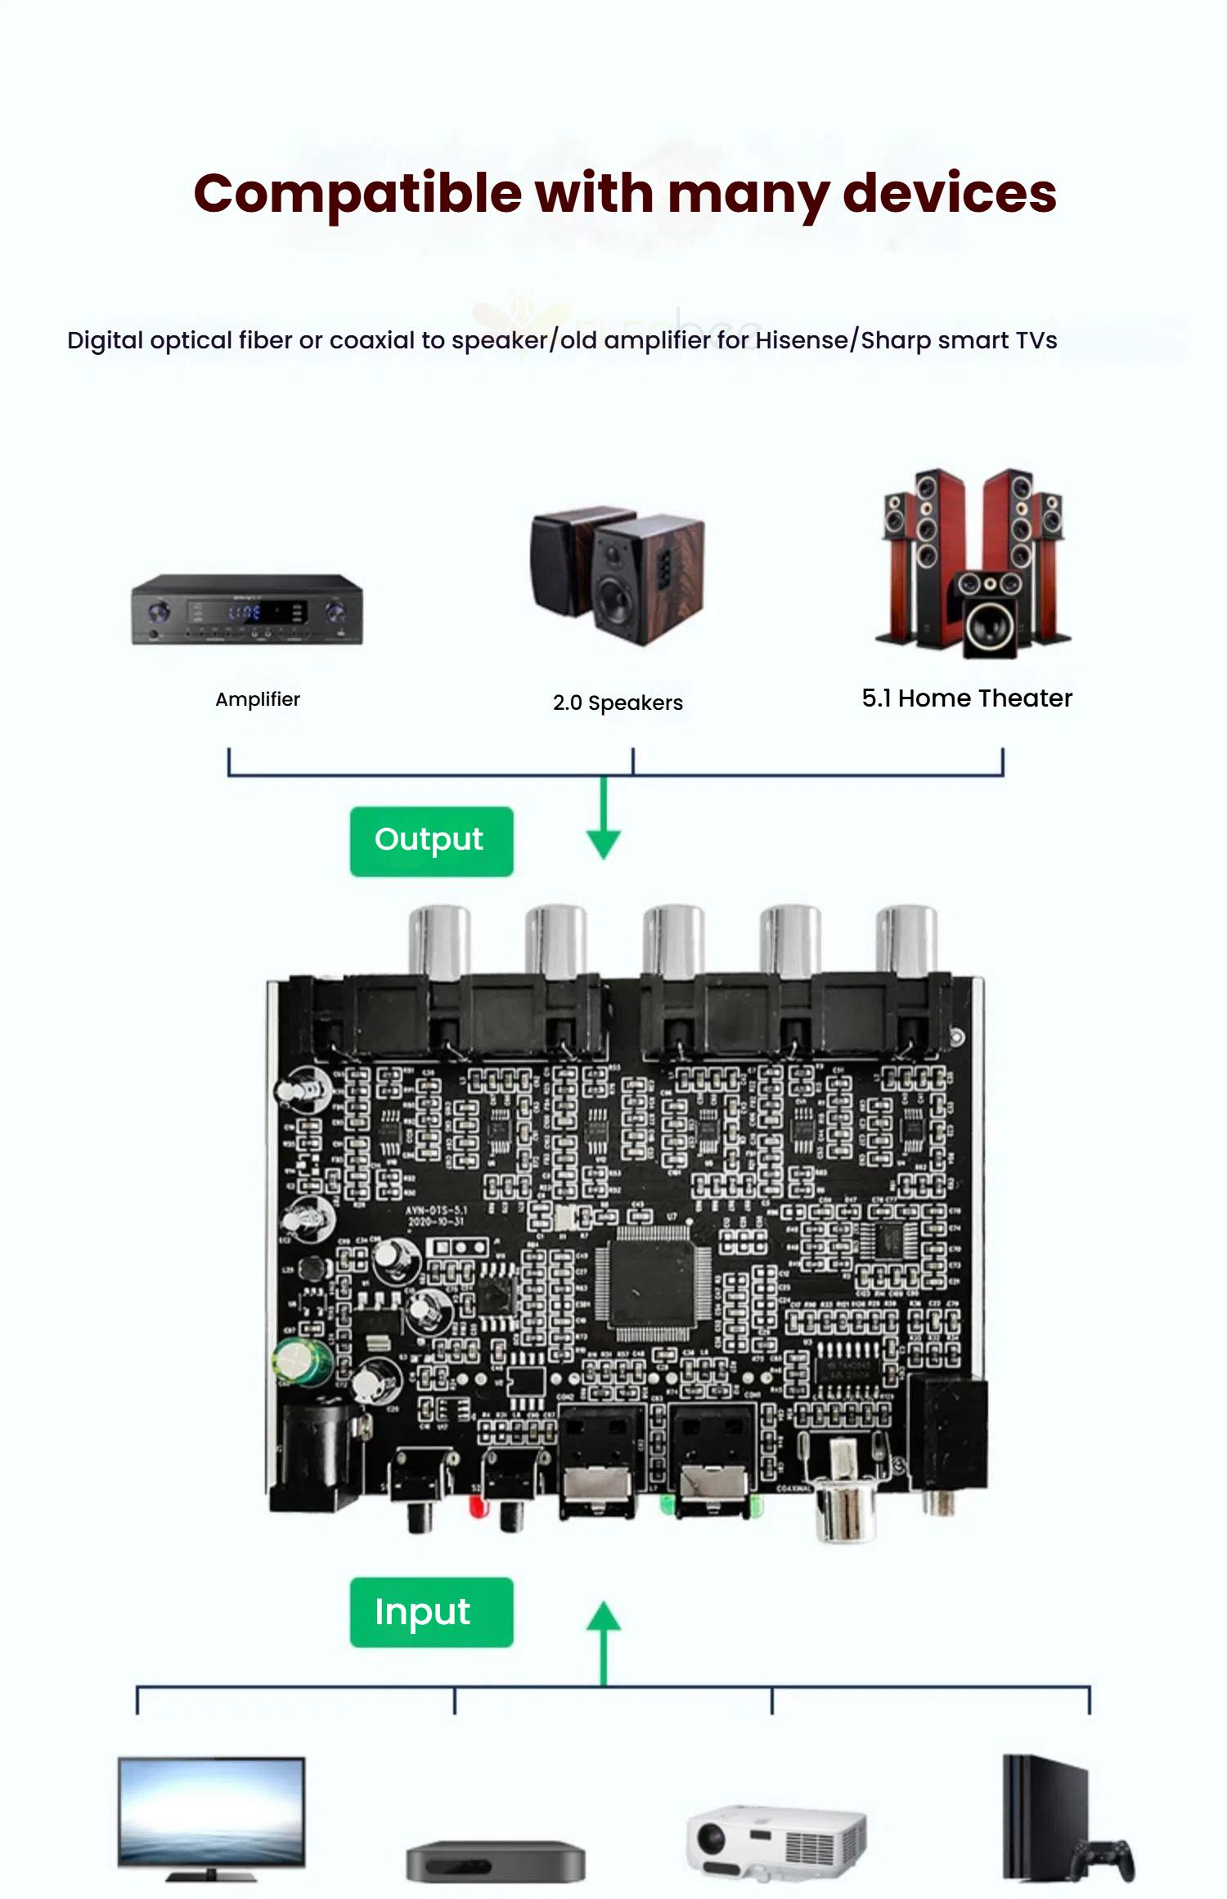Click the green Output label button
(x=431, y=841)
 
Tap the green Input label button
(x=431, y=1612)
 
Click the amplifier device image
(x=247, y=609)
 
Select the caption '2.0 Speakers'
(x=618, y=703)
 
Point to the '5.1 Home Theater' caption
(x=966, y=698)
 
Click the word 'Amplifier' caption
(x=258, y=699)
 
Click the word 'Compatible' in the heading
(x=357, y=195)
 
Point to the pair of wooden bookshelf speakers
(x=618, y=572)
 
